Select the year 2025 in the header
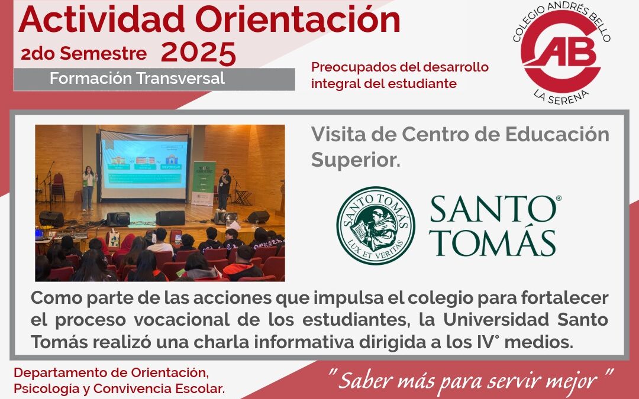198,53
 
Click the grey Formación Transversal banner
154,79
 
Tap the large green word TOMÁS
493,242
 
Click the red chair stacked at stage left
58,187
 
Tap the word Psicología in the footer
41,388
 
